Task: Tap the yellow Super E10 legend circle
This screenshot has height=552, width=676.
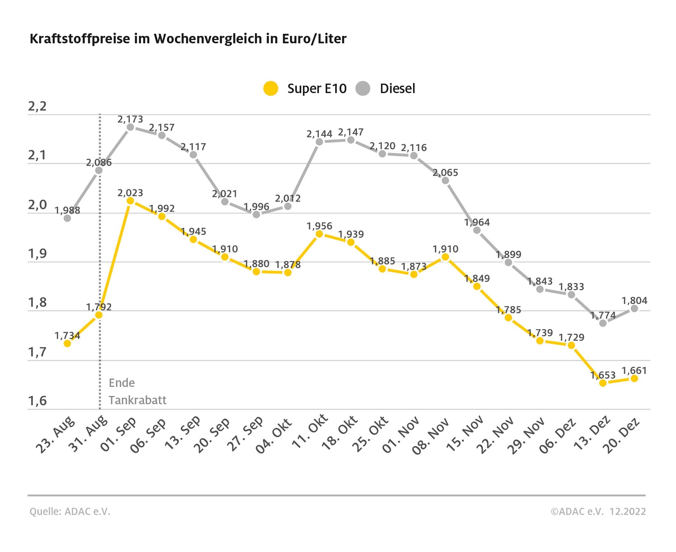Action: click(x=271, y=88)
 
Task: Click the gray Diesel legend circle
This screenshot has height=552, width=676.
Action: click(x=363, y=88)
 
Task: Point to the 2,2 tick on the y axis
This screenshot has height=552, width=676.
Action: click(x=37, y=106)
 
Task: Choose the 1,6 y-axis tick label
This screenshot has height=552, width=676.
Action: click(x=37, y=401)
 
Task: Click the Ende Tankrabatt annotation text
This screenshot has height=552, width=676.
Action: click(x=137, y=391)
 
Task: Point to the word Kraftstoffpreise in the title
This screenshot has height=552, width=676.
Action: click(x=80, y=39)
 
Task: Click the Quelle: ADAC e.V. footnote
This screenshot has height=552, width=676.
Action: click(x=70, y=511)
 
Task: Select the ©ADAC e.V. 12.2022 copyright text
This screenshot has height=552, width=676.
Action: click(x=598, y=511)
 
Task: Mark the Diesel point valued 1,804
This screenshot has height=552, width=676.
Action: click(x=634, y=308)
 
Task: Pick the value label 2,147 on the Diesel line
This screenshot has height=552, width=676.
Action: click(x=351, y=132)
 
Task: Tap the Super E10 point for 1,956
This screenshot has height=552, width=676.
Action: click(x=320, y=234)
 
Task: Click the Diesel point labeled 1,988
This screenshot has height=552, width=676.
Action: click(x=67, y=218)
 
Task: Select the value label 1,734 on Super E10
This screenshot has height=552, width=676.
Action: click(x=67, y=335)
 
